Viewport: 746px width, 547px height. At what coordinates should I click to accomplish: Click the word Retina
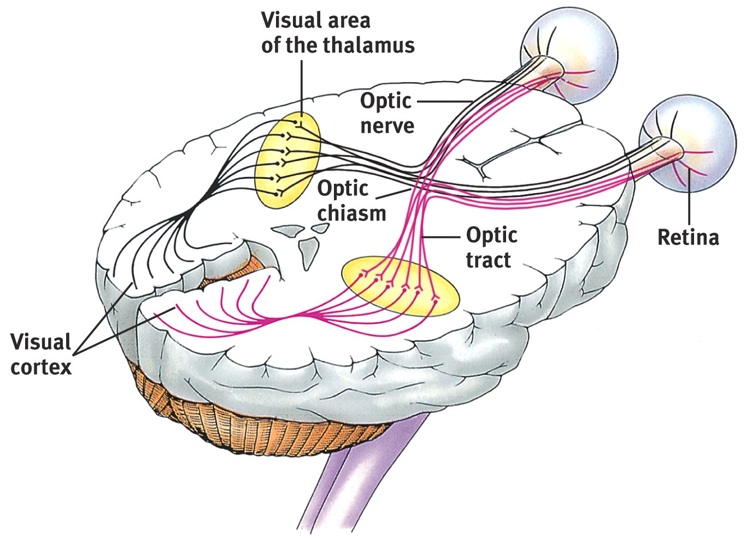click(x=688, y=237)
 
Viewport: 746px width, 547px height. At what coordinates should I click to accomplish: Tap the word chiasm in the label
click(x=352, y=213)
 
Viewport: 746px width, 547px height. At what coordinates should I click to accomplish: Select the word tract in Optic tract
click(x=488, y=260)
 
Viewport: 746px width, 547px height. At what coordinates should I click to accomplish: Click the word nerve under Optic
click(x=387, y=126)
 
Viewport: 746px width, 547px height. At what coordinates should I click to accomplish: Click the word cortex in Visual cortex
click(x=41, y=366)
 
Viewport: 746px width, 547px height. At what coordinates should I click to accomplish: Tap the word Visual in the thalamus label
click(x=287, y=21)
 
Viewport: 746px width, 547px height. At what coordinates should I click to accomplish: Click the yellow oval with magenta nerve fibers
click(x=401, y=287)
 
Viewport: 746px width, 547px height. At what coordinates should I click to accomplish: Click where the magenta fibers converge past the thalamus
click(x=306, y=316)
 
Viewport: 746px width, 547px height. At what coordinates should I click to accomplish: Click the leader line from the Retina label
click(x=689, y=202)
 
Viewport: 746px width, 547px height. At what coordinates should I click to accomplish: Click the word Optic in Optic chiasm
click(x=343, y=189)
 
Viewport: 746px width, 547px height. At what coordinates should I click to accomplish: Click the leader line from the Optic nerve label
click(x=443, y=101)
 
